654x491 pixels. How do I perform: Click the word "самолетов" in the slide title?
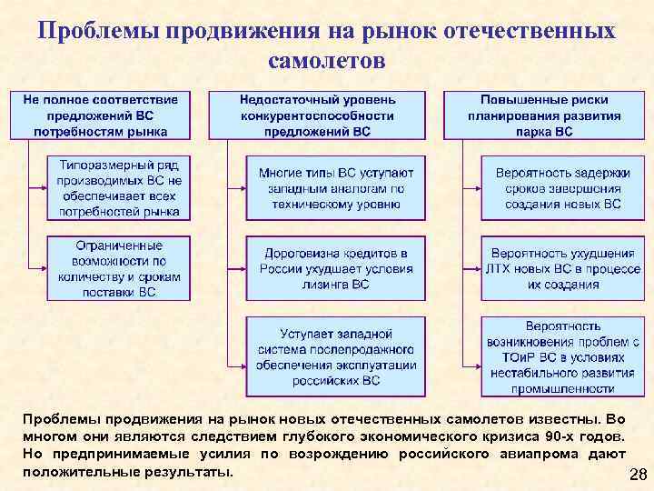(x=327, y=61)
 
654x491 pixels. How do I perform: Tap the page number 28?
(x=637, y=476)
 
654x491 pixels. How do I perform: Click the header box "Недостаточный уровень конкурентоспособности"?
(x=317, y=115)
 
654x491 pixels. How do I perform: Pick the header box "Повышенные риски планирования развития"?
(x=545, y=115)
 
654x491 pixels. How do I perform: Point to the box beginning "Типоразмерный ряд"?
(x=120, y=188)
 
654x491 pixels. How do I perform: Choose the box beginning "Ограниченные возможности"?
(x=120, y=269)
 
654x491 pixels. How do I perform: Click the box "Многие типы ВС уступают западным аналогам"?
(x=335, y=188)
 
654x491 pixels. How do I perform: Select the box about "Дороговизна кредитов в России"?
(x=335, y=268)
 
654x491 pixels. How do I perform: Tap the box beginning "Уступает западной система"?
(x=335, y=356)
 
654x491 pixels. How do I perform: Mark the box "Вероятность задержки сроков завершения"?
(x=558, y=188)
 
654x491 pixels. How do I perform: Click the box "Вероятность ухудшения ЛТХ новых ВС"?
(x=558, y=268)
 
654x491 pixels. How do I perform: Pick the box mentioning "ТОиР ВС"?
(x=558, y=356)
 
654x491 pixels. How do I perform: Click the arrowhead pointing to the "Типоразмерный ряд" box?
(x=45, y=187)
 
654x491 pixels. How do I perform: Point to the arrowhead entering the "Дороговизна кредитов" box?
(x=243, y=268)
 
